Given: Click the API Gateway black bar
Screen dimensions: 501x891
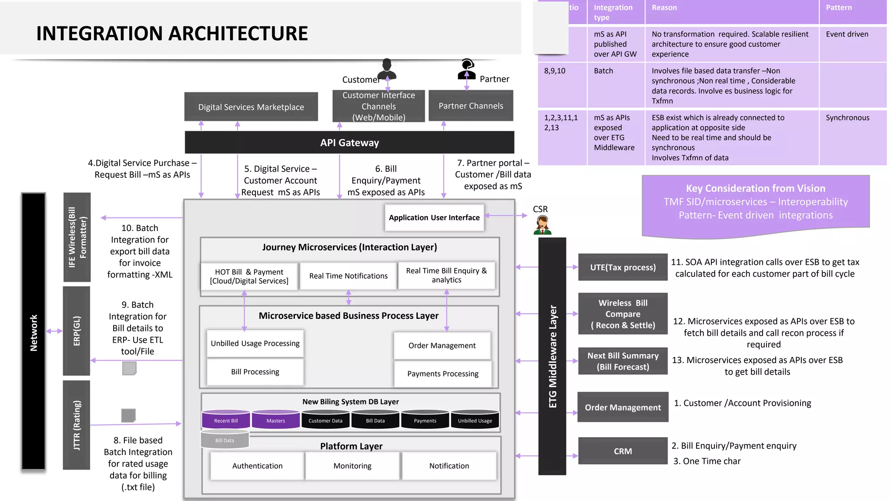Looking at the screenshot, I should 349,143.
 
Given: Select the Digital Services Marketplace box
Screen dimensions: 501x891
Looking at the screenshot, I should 251,107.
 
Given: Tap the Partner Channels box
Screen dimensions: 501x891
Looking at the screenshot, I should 471,106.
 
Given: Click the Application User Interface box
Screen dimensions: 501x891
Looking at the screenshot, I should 434,217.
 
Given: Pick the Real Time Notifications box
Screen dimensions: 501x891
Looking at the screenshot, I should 348,276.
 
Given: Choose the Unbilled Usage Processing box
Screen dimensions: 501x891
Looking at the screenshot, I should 255,343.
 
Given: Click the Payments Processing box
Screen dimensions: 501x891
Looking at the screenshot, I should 442,374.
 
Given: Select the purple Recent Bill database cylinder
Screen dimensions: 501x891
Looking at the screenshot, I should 226,420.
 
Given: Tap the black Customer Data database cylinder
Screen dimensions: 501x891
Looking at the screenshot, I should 325,420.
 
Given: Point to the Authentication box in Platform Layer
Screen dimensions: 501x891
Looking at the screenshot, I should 257,466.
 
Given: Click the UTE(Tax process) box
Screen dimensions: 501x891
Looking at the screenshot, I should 623,267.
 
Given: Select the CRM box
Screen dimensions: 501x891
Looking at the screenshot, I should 623,451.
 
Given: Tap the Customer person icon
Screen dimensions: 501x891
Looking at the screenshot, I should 387,68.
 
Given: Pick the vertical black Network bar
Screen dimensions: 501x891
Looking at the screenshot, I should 33,332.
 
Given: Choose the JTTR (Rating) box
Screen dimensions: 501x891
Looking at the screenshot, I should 77,425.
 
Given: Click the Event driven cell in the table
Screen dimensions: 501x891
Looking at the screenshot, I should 847,34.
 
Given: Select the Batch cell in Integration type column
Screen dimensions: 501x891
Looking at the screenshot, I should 603,71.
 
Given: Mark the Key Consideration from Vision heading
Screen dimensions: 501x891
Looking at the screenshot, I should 755,188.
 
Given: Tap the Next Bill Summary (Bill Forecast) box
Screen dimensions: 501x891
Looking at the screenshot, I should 623,361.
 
